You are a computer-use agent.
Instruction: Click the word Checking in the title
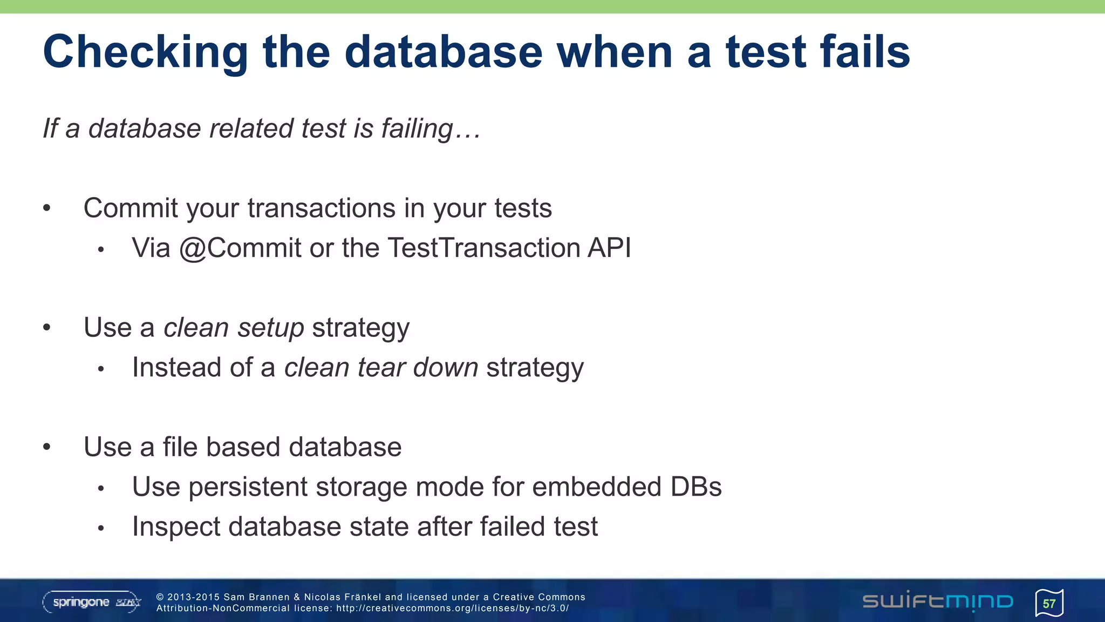point(145,52)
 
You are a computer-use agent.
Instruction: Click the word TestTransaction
point(483,248)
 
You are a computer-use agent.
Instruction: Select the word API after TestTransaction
point(609,248)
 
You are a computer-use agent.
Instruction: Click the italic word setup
point(271,328)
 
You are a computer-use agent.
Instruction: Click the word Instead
point(176,368)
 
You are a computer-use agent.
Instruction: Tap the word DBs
point(695,487)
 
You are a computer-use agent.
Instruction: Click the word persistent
point(247,487)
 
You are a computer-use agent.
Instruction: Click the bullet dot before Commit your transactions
point(47,208)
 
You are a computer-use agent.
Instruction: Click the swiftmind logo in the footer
point(937,601)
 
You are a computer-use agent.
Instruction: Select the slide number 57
point(1049,604)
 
